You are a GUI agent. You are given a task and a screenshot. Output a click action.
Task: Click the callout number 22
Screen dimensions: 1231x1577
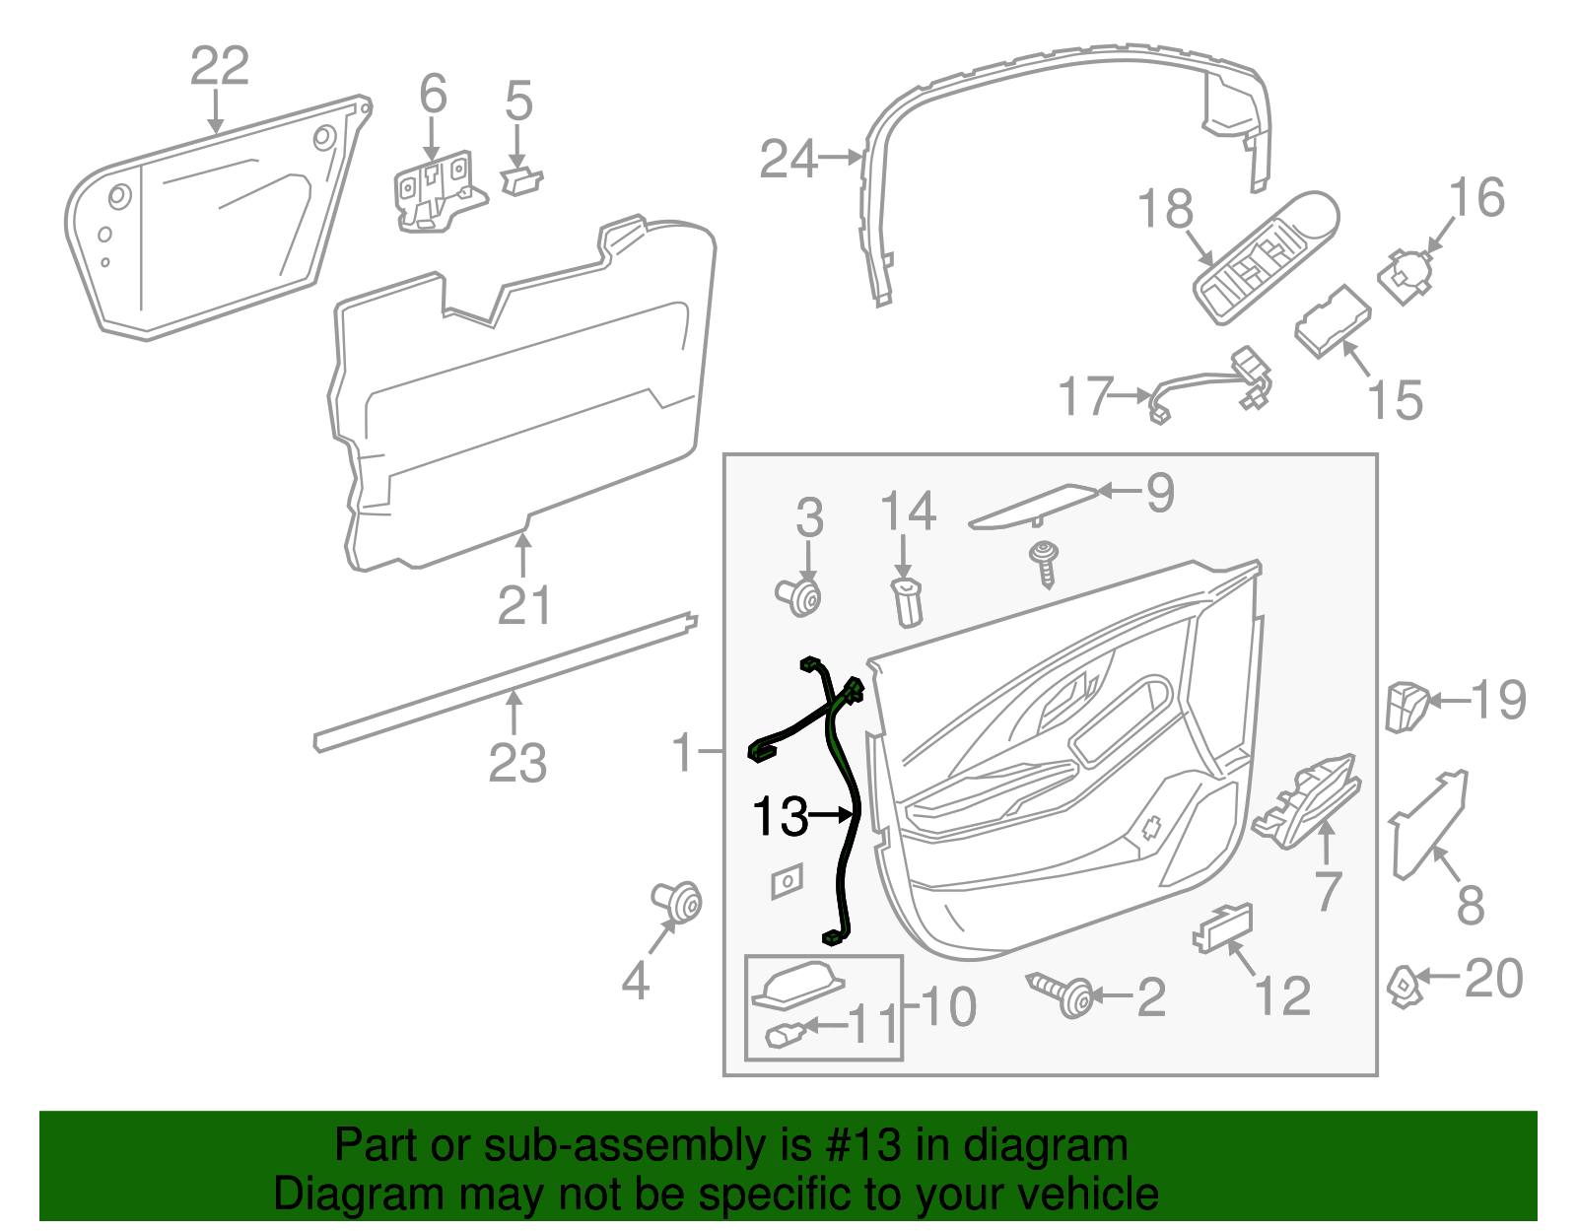pyautogui.click(x=219, y=67)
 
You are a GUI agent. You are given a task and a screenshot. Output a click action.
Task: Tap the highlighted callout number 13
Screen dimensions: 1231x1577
pyautogui.click(x=780, y=816)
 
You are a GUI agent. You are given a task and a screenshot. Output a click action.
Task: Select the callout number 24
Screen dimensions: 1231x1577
pyautogui.click(x=788, y=160)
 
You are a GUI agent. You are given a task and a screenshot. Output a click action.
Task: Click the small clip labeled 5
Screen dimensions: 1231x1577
pyautogui.click(x=521, y=179)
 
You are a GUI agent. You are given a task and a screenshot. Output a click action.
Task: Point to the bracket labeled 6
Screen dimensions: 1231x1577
pyautogui.click(x=435, y=193)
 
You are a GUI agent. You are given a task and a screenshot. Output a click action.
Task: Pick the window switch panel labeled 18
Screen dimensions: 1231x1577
pyautogui.click(x=1265, y=258)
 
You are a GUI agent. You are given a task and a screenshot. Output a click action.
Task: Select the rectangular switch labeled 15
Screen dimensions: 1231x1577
pyautogui.click(x=1332, y=320)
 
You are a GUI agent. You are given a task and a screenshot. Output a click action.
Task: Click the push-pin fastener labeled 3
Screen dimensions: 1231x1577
pyautogui.click(x=800, y=596)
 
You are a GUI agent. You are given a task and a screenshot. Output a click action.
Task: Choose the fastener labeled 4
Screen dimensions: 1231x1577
pyautogui.click(x=678, y=900)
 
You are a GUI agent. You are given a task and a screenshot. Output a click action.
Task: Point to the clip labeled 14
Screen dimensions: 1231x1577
pyautogui.click(x=907, y=601)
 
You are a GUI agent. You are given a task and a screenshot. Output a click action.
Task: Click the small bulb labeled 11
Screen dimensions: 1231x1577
pyautogui.click(x=786, y=1035)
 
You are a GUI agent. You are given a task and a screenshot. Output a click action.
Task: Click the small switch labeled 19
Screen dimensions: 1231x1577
pyautogui.click(x=1406, y=706)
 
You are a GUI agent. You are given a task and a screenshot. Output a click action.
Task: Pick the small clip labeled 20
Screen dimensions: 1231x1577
pyautogui.click(x=1402, y=986)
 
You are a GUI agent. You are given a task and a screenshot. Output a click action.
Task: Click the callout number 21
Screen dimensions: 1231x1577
pyautogui.click(x=523, y=606)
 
